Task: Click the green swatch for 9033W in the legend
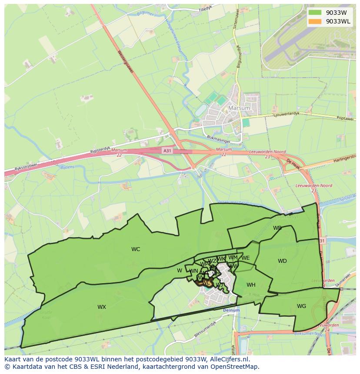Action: click(315, 13)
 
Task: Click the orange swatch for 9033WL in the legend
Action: click(315, 21)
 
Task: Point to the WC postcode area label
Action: click(136, 249)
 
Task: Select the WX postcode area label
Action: click(102, 307)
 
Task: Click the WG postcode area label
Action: click(301, 306)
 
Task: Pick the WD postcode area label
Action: click(282, 261)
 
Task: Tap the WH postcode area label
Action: click(251, 285)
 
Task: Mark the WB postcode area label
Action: click(277, 228)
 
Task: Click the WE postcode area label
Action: click(246, 258)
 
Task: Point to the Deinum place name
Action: click(231, 311)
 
